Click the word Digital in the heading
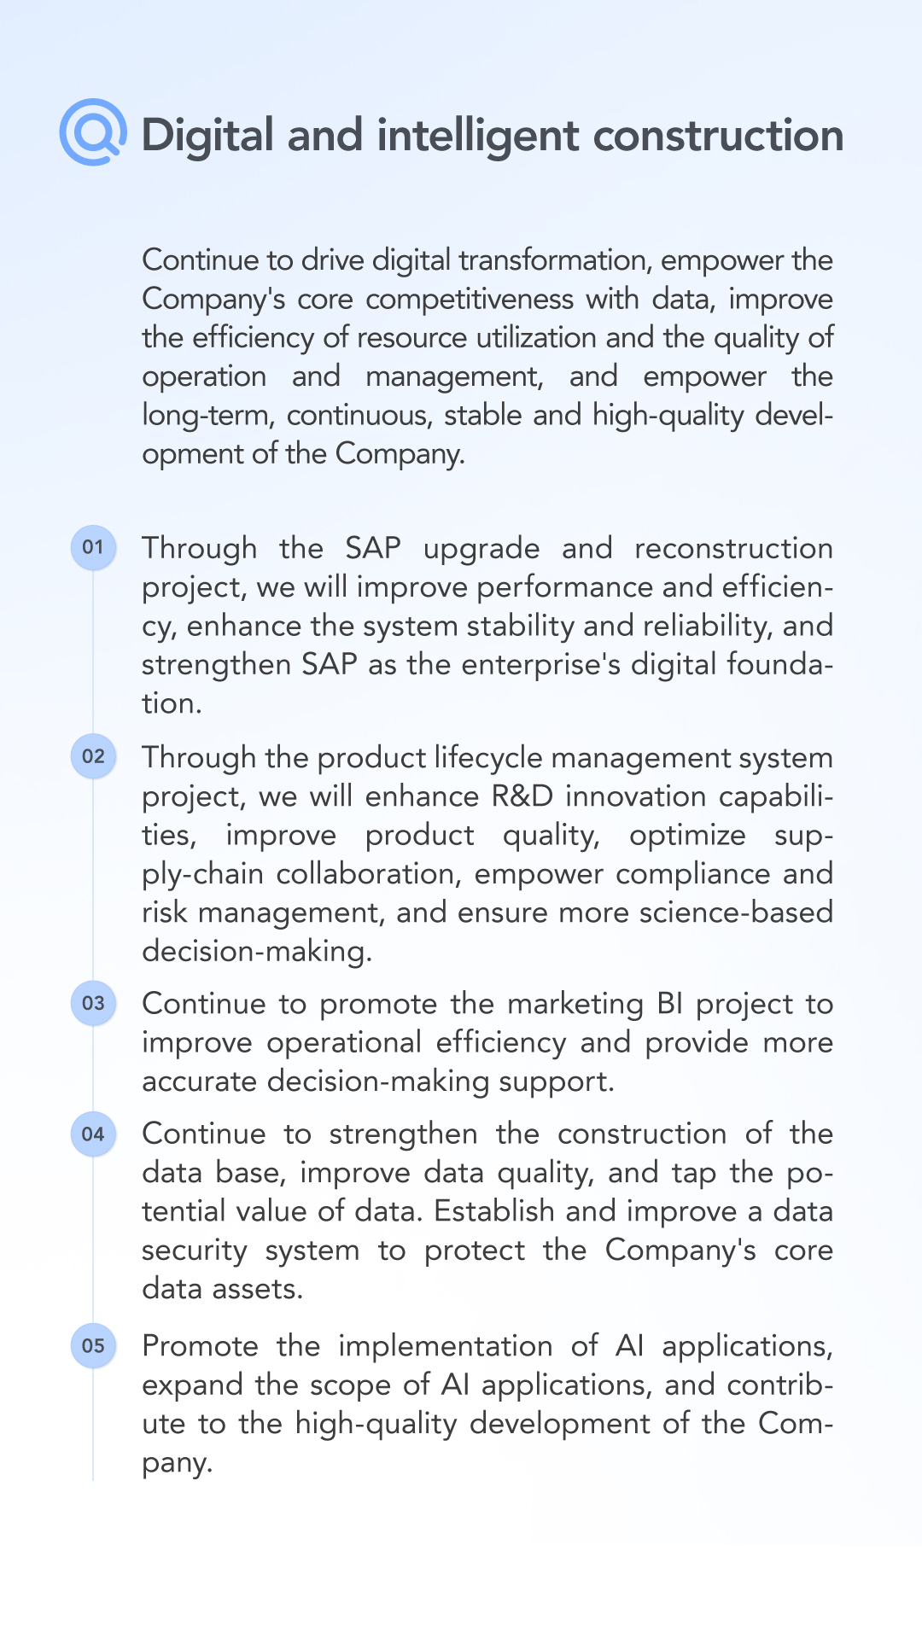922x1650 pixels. tap(207, 137)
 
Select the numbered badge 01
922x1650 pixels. tap(93, 547)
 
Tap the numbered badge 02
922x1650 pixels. tap(93, 756)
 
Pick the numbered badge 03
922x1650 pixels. tap(93, 1003)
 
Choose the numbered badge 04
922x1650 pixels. tap(93, 1134)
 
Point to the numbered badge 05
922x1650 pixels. tap(93, 1346)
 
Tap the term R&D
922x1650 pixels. tap(522, 796)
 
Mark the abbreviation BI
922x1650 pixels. tap(670, 1004)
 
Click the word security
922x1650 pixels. tap(195, 1251)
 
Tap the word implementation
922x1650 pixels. tap(446, 1347)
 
